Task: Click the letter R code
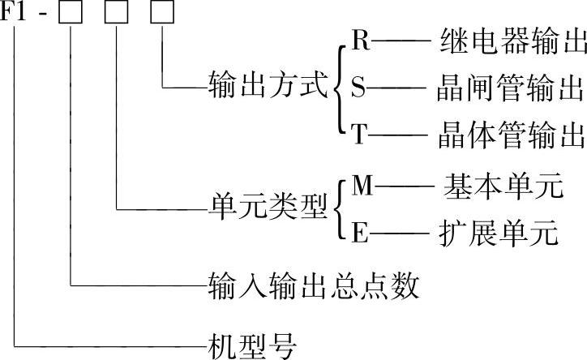[x=361, y=41]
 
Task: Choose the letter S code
[x=358, y=88]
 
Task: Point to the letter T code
[x=360, y=134]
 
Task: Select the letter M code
[x=362, y=187]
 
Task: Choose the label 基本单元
[x=502, y=188]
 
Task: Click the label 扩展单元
[x=501, y=234]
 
